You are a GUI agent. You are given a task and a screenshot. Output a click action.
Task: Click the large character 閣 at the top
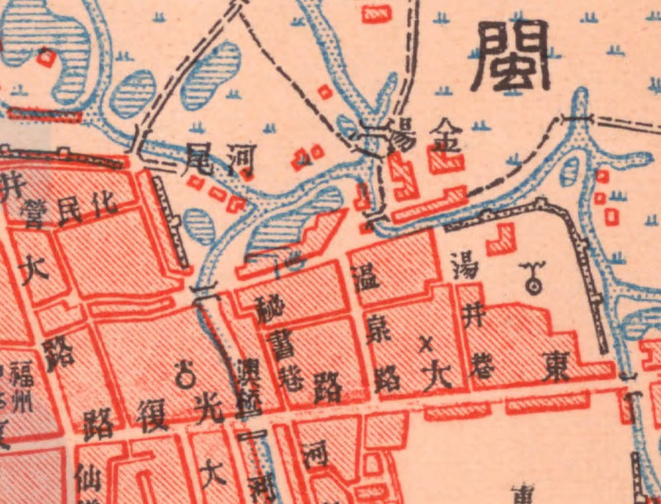point(513,56)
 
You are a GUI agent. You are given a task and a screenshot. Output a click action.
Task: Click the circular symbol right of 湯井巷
point(533,282)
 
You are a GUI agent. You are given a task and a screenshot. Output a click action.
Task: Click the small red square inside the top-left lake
point(47,58)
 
